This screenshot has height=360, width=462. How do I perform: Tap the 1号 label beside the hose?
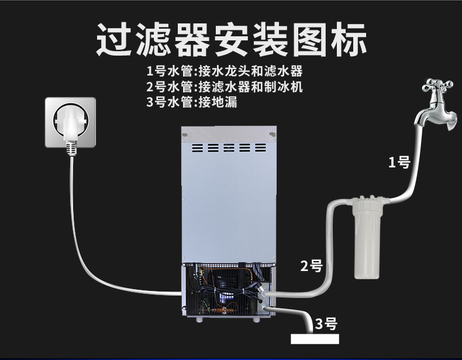[x=400, y=163]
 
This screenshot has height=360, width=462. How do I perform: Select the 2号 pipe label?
[x=312, y=266]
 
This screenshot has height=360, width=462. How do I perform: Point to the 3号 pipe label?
[x=326, y=324]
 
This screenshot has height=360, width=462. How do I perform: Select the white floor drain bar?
[x=315, y=339]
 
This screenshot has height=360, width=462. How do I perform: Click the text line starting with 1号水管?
[x=225, y=73]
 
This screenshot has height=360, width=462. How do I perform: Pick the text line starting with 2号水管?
[x=225, y=87]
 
